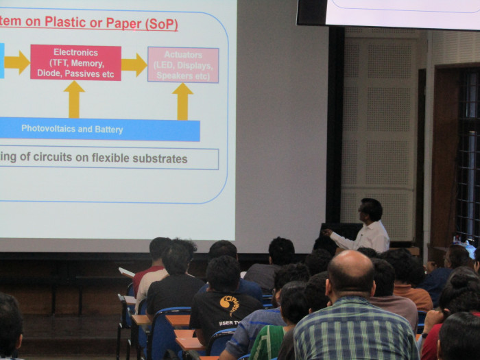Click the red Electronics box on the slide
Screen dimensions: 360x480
pos(75,62)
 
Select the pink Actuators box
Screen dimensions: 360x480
pos(183,64)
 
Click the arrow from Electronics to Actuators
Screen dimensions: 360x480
pos(134,64)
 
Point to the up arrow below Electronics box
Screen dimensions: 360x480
pos(74,99)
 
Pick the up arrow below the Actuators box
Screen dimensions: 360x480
pos(182,101)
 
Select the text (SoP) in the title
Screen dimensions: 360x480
pos(161,23)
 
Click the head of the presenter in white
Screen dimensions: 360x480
pos(370,209)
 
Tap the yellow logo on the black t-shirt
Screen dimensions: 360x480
pos(230,304)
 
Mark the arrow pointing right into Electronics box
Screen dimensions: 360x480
pos(16,62)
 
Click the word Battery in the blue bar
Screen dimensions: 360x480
pos(109,129)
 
